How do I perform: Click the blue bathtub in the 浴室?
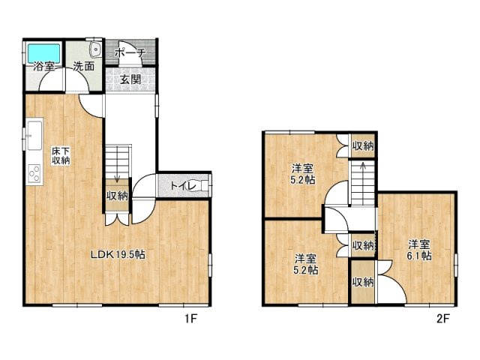coord(44,53)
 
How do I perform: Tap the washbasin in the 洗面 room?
coord(95,49)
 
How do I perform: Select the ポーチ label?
coord(130,53)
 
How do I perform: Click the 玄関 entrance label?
coord(130,79)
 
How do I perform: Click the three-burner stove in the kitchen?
coord(34,173)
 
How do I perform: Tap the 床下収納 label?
coord(61,155)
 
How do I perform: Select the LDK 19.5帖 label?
coord(118,254)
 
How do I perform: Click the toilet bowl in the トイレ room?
coord(203,185)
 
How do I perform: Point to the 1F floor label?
coord(190,319)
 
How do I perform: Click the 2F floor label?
coord(442,319)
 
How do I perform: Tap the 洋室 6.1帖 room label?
coord(419,250)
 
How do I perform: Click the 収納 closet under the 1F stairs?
coord(117,195)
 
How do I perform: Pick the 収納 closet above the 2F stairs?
coord(363,146)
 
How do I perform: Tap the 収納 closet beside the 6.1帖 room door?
coord(363,282)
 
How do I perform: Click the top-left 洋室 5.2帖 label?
coord(303,173)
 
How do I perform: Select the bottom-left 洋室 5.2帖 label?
coord(306,264)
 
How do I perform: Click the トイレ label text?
coord(183,186)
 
